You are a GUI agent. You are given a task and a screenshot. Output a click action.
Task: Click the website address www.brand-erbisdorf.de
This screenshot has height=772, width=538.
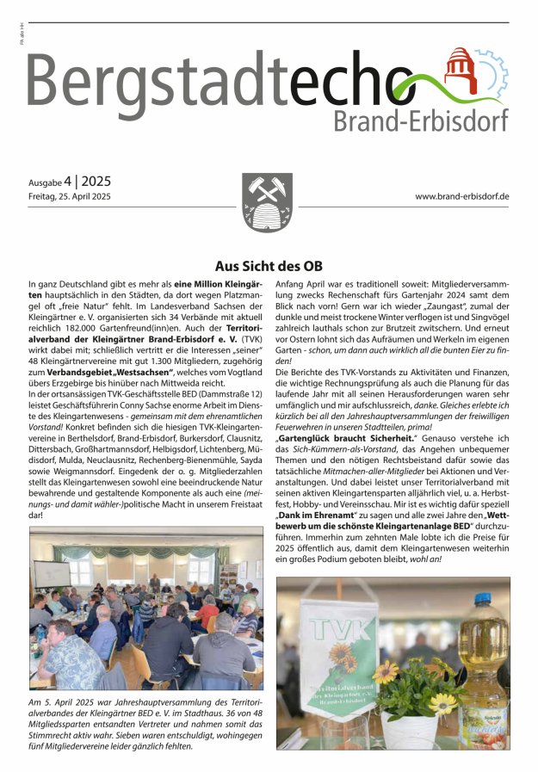462,196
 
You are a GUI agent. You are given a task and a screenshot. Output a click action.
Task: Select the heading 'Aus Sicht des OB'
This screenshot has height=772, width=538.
269,266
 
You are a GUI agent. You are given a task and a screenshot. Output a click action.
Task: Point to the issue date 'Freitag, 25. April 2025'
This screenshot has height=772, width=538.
70,197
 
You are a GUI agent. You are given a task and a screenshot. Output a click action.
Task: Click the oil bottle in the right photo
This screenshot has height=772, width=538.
485,663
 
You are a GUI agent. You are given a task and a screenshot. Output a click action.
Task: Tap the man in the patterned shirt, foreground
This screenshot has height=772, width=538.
72,658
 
